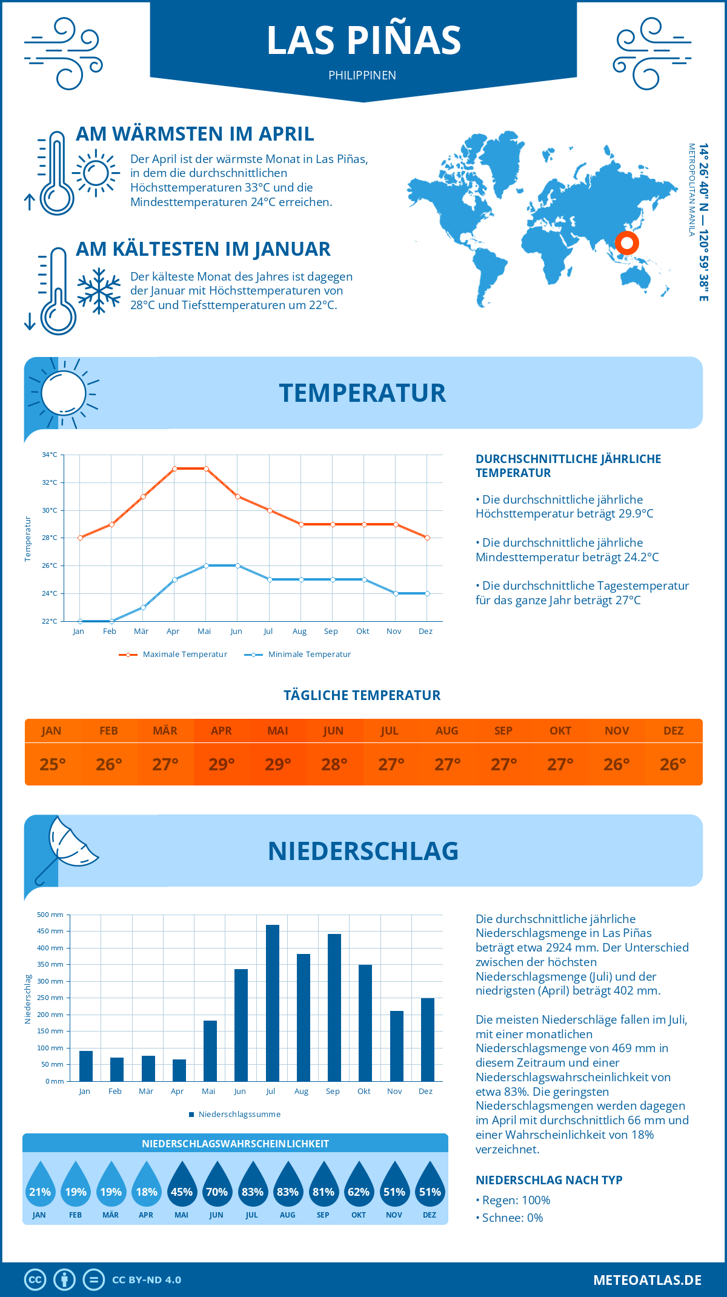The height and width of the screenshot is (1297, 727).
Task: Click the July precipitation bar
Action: pyautogui.click(x=273, y=1003)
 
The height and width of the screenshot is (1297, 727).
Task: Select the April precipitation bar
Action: pyautogui.click(x=179, y=1070)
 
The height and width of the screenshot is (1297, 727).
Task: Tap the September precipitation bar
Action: pyautogui.click(x=334, y=1007)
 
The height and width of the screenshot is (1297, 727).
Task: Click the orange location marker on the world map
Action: pyautogui.click(x=627, y=243)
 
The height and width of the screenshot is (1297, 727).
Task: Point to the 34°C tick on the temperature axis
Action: pyautogui.click(x=50, y=455)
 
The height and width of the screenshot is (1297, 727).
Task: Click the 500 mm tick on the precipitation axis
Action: pyautogui.click(x=51, y=915)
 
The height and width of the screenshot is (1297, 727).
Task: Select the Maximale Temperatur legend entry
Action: pyautogui.click(x=173, y=655)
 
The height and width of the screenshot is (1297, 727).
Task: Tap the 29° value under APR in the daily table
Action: pyautogui.click(x=222, y=764)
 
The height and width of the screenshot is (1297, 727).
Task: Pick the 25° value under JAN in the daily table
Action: pyautogui.click(x=53, y=764)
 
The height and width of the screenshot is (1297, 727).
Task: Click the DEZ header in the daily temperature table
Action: pyautogui.click(x=673, y=731)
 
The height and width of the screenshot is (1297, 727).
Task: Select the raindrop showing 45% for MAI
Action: pyautogui.click(x=182, y=1185)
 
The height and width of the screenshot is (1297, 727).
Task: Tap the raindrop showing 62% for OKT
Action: pyautogui.click(x=359, y=1185)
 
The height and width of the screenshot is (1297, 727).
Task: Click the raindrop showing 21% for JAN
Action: pyautogui.click(x=40, y=1185)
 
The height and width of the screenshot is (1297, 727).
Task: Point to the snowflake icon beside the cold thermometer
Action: pyautogui.click(x=99, y=291)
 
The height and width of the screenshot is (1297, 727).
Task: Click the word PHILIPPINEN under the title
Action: pyautogui.click(x=362, y=76)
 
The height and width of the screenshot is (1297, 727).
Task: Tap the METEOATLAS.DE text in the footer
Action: pyautogui.click(x=647, y=1280)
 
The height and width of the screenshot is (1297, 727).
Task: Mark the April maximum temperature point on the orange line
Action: pyautogui.click(x=174, y=468)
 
